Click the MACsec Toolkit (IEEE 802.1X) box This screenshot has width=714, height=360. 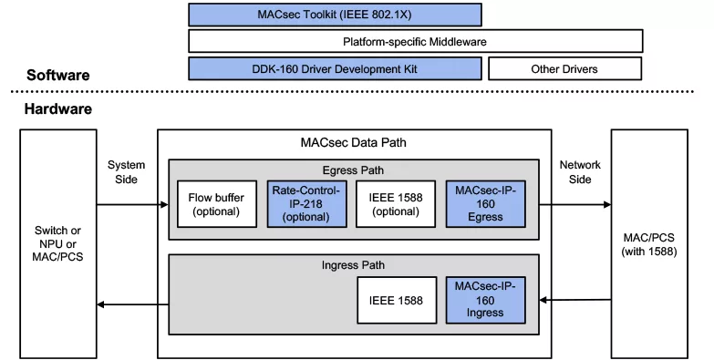335,15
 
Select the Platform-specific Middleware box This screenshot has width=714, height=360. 415,41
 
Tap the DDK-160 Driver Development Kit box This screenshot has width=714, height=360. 335,68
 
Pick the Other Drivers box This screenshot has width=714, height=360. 564,68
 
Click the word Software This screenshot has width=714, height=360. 57,75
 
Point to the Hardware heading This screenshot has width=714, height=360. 57,108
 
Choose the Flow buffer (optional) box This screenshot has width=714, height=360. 217,204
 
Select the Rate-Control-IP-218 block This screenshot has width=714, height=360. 306,204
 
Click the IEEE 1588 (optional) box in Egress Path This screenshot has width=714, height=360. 396,204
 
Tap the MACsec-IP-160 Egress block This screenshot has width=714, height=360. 485,204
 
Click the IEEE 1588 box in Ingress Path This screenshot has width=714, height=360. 397,301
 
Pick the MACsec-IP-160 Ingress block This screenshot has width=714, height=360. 485,301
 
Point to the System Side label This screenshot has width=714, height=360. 126,172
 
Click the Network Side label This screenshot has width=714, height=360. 580,172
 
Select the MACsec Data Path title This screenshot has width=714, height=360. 354,142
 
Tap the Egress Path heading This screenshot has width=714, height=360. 354,170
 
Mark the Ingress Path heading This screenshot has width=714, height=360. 354,265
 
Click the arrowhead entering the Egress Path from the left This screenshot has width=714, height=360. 164,205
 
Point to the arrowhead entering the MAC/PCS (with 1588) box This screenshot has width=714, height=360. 607,205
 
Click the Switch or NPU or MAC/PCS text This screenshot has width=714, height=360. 57,243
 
